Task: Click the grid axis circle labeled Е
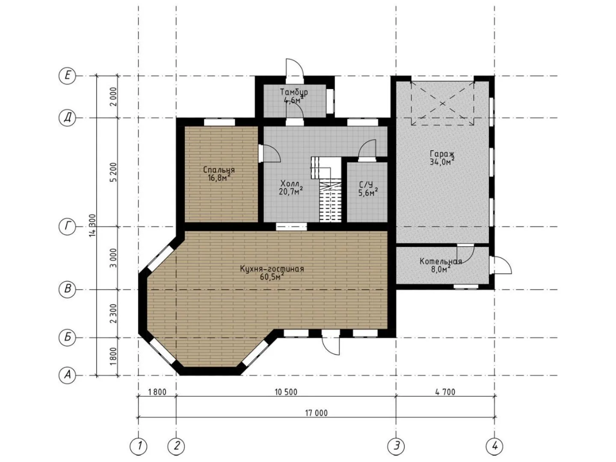coord(67,76)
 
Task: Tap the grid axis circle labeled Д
coord(67,118)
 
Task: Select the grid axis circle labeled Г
coord(67,227)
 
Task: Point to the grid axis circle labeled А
coord(67,375)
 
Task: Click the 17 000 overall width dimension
coord(316,413)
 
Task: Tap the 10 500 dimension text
coord(286,392)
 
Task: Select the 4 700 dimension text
coord(445,392)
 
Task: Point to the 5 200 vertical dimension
coord(113,172)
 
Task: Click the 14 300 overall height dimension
coord(92,225)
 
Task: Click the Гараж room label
coord(442,154)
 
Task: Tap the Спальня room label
coord(219,170)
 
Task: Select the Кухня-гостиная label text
coord(272,269)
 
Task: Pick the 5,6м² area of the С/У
coord(367,192)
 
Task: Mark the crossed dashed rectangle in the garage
coord(443,103)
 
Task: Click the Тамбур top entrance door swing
coord(294,67)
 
